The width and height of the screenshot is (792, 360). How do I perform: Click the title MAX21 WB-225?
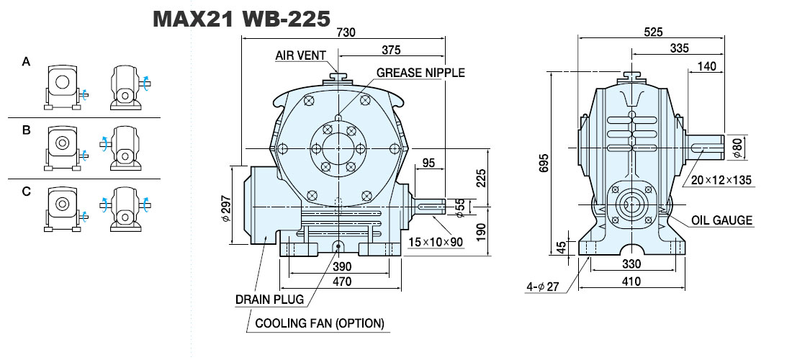point(241,19)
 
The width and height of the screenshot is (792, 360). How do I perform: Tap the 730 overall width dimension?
point(346,32)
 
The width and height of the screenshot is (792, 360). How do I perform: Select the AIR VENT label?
point(300,55)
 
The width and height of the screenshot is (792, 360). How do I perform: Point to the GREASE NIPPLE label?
point(420,73)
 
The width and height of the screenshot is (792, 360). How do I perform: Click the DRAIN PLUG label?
point(270,300)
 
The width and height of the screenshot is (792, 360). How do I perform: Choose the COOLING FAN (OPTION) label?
point(320,323)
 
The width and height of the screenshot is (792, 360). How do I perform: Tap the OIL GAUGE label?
point(721,220)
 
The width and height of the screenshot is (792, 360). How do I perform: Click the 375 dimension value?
point(391,50)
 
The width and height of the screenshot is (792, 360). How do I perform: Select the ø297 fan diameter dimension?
point(226,206)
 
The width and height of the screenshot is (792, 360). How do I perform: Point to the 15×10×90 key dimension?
point(436,243)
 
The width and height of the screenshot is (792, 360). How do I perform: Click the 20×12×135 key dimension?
point(721,180)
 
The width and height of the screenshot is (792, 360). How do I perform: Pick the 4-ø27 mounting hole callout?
point(543,287)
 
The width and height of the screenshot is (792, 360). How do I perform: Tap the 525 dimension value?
point(652,32)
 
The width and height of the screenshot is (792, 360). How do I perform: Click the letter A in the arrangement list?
point(26,62)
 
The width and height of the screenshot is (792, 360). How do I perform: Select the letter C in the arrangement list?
point(26,192)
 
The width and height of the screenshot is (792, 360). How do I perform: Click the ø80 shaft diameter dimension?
point(737,148)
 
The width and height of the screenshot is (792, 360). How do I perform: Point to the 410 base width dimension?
point(631,282)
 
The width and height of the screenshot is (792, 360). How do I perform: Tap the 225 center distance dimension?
point(481,179)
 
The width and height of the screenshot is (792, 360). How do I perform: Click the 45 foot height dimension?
point(561,248)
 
